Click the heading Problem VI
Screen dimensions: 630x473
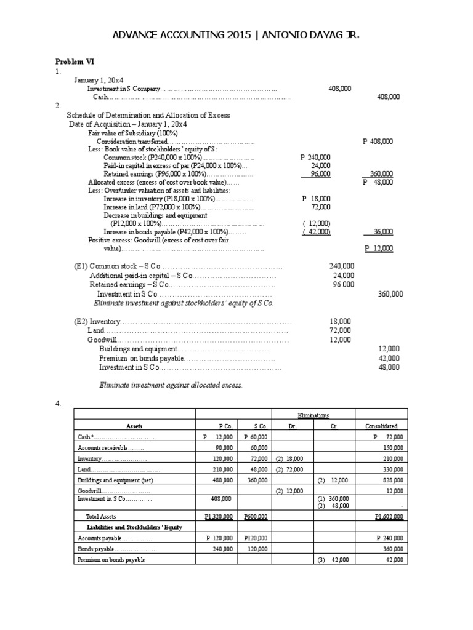tap(75, 62)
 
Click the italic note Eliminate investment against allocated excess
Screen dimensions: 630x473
tap(171, 385)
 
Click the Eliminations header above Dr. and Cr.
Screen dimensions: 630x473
tap(313, 416)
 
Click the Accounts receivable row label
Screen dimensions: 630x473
tap(102, 448)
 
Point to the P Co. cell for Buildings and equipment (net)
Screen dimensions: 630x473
tap(222, 480)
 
